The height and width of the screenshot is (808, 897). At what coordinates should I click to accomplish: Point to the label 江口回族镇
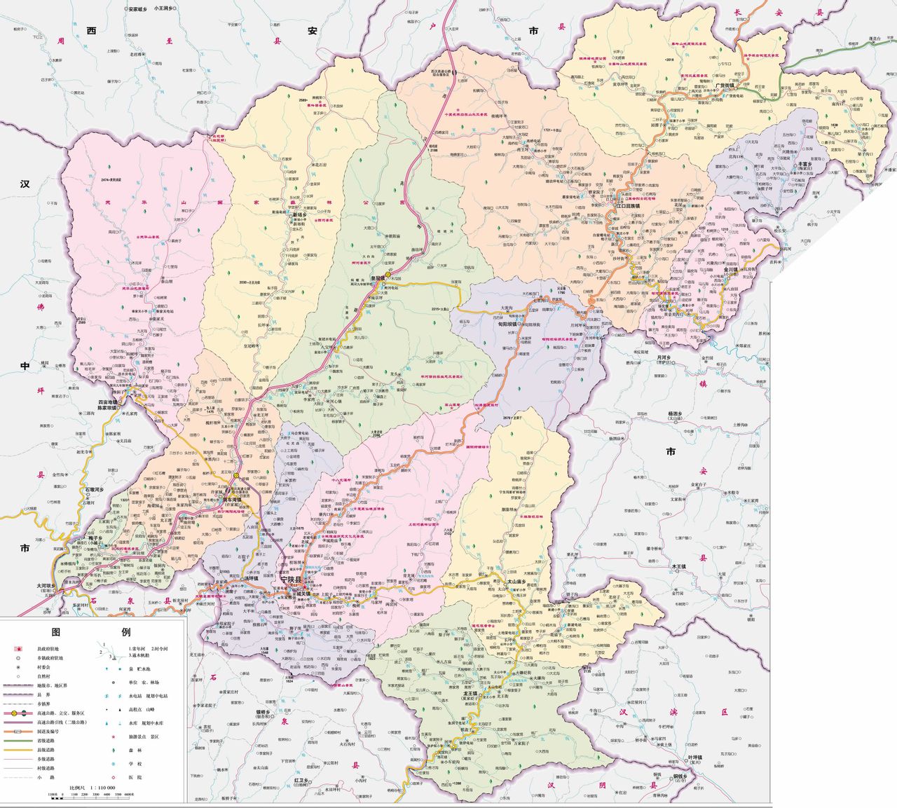tap(627, 206)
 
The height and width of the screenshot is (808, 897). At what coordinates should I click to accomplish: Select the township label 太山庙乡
tap(521, 581)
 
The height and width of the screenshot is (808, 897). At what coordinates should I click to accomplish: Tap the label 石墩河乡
tap(94, 489)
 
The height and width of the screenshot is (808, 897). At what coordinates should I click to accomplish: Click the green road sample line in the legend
tap(22, 740)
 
